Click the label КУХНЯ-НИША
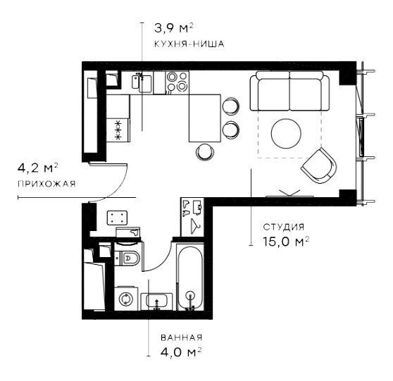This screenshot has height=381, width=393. (x=189, y=44)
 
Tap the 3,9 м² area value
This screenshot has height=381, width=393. (x=174, y=28)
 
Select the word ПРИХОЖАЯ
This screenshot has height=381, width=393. (x=46, y=184)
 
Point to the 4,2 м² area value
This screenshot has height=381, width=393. (x=37, y=168)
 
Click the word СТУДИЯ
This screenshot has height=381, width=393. (x=284, y=227)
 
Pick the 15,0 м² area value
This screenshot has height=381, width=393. (x=286, y=242)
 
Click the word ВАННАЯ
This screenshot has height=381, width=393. (x=182, y=337)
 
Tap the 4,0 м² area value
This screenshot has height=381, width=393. (x=181, y=352)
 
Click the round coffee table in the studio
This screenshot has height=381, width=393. (x=286, y=133)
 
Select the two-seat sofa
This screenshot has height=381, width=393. (x=289, y=91)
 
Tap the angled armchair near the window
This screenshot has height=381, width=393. (x=319, y=165)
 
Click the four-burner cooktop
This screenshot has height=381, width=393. (x=177, y=81)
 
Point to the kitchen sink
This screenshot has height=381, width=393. (x=142, y=82)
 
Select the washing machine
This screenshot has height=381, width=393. (x=126, y=299)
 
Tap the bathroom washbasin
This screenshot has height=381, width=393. (x=156, y=301)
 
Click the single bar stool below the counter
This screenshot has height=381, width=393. (x=205, y=152)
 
